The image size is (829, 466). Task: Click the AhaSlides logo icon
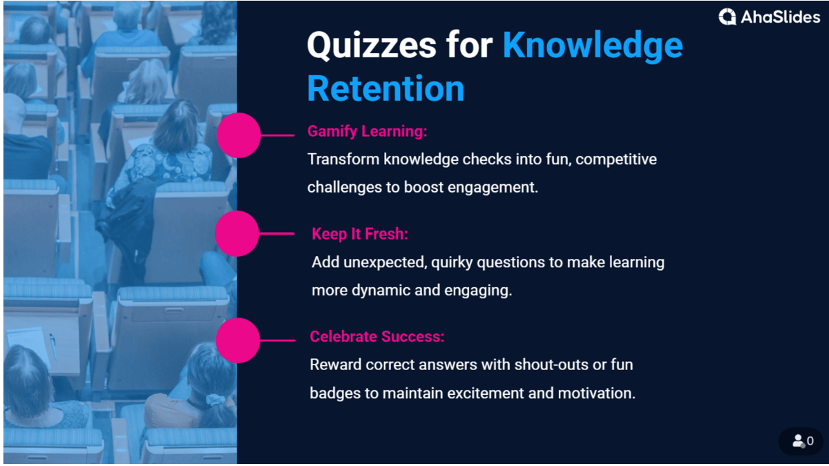point(727,17)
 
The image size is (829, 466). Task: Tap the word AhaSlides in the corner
point(780,17)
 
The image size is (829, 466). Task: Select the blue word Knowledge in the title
point(592,46)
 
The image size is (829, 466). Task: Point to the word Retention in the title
point(385,89)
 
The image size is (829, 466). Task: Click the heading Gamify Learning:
point(367,131)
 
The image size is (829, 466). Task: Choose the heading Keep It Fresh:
point(360,233)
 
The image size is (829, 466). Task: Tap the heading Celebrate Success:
point(377,336)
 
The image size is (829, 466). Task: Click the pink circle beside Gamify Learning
point(238,135)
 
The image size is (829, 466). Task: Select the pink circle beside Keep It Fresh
point(237,234)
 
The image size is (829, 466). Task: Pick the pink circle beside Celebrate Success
point(238,340)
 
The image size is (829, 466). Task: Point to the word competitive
point(616,159)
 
